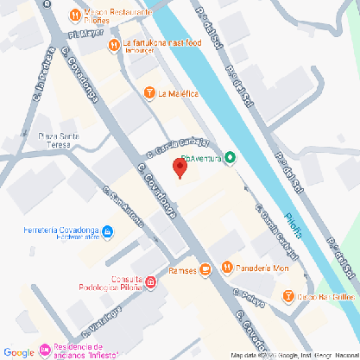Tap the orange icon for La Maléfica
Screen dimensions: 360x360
150,93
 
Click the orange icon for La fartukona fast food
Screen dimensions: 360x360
113,44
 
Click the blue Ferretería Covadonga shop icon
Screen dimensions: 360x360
108,231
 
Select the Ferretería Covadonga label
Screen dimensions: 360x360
60,231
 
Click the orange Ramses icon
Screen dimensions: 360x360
205,269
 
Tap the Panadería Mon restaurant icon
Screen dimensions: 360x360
227,267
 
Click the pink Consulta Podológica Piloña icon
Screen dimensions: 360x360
150,282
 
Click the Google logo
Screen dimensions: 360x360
19,351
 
